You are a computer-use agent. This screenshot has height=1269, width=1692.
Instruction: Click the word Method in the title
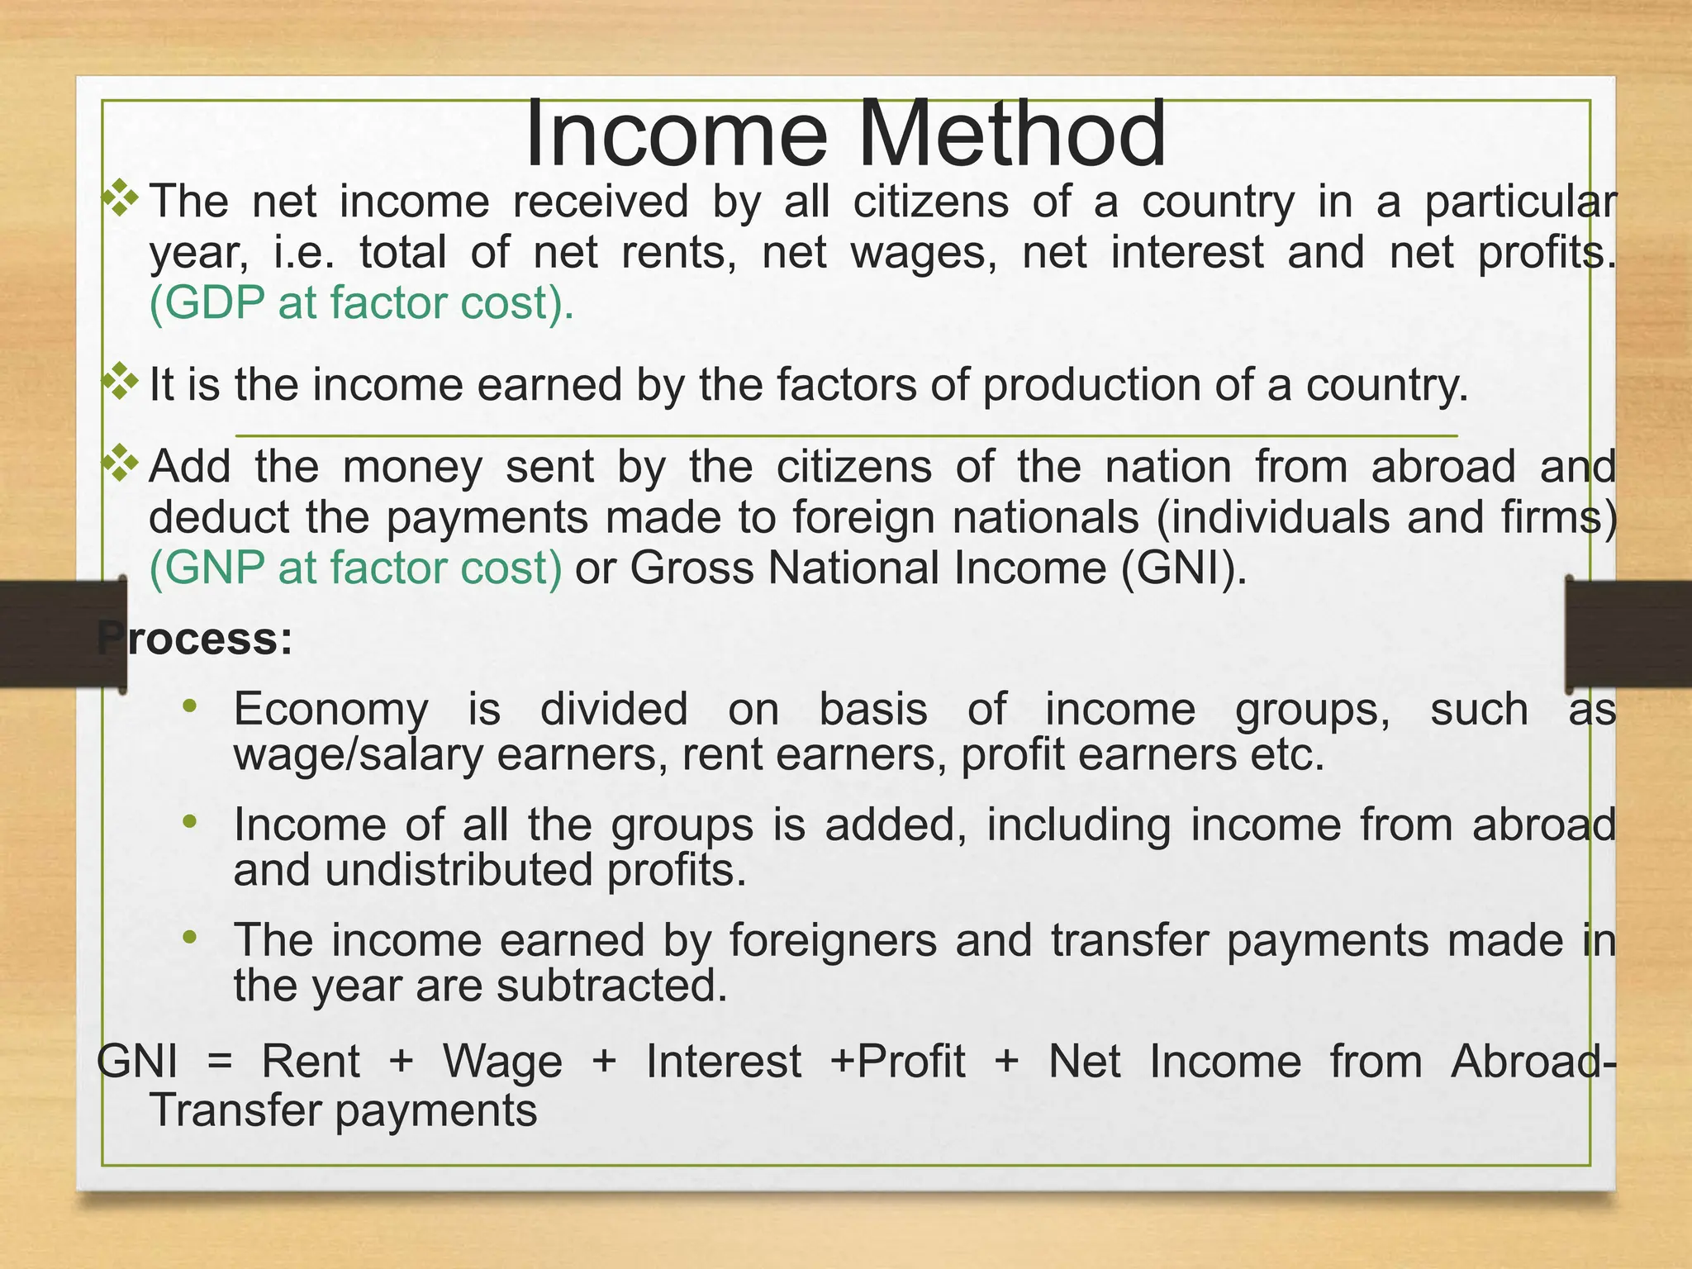tap(1013, 134)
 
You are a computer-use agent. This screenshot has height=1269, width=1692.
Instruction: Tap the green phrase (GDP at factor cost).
tap(361, 303)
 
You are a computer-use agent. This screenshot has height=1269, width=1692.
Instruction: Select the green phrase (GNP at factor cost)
tap(356, 568)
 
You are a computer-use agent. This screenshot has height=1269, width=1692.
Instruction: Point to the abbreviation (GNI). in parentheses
tap(1184, 568)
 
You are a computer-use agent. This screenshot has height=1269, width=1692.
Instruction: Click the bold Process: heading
tap(195, 639)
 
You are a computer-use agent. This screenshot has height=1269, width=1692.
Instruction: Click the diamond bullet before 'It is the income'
tap(121, 382)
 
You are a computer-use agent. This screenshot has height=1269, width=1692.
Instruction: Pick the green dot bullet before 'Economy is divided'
tap(190, 706)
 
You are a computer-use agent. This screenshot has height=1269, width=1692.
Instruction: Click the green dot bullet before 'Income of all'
tap(190, 821)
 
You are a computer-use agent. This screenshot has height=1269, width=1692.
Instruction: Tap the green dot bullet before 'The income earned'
tap(190, 937)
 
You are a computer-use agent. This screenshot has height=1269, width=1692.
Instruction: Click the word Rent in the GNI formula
tap(311, 1062)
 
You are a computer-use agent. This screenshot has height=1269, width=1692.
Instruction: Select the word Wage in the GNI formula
tap(502, 1062)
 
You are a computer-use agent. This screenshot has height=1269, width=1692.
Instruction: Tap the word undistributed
tap(459, 870)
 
